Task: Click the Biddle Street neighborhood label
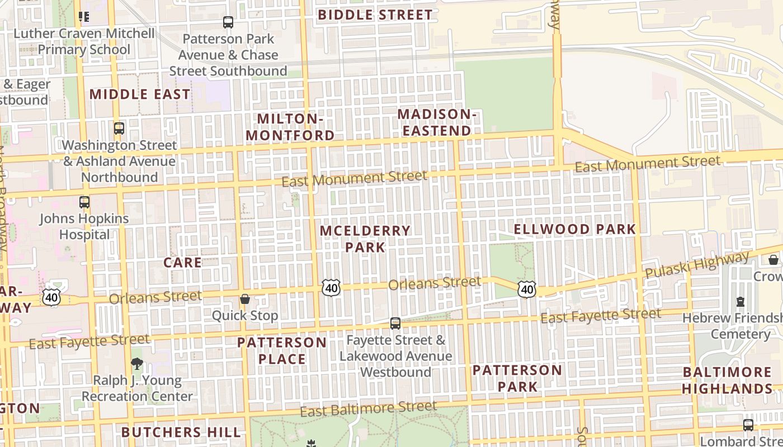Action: click(375, 15)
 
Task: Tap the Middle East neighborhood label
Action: click(140, 94)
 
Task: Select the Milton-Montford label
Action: click(290, 127)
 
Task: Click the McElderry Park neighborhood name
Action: click(365, 239)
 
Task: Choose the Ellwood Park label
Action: click(575, 229)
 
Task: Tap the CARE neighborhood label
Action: click(182, 263)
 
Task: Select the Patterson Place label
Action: click(282, 350)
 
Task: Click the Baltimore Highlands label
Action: click(727, 381)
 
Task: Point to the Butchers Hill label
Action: click(181, 432)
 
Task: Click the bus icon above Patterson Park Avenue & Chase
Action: click(228, 22)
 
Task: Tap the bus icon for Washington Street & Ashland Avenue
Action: click(119, 128)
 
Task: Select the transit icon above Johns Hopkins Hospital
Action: click(84, 202)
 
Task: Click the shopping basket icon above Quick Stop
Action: click(244, 299)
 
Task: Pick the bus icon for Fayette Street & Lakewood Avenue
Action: click(395, 323)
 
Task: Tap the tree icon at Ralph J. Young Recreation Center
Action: click(137, 364)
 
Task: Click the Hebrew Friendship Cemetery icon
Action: click(740, 302)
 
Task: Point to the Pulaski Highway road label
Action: click(696, 265)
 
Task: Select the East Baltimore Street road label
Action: click(368, 408)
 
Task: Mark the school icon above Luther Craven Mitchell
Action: click(84, 17)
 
